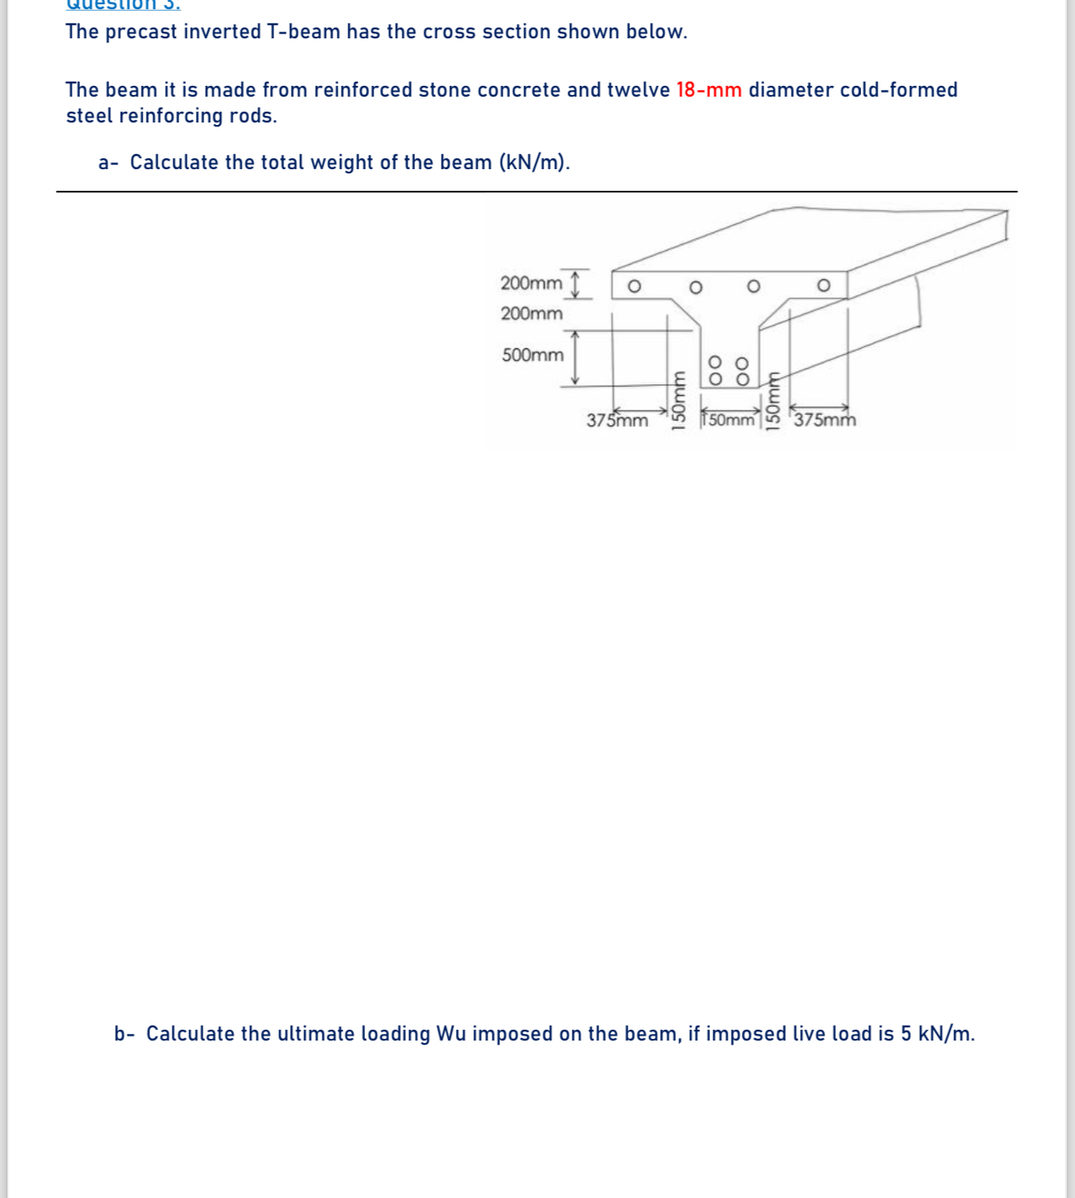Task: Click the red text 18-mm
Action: pos(708,90)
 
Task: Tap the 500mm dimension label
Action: pos(532,355)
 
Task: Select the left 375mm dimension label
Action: pos(617,421)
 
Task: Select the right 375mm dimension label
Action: pos(824,420)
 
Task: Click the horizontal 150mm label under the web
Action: pos(729,420)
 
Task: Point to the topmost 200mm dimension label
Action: pos(531,283)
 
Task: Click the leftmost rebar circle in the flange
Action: pos(634,287)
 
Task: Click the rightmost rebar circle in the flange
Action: pos(823,286)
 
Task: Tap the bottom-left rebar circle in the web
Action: pos(715,379)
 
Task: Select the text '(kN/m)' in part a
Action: pos(534,162)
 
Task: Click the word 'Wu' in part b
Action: pos(451,1034)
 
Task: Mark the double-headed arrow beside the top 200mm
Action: pos(574,283)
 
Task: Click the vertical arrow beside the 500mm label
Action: pos(574,357)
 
